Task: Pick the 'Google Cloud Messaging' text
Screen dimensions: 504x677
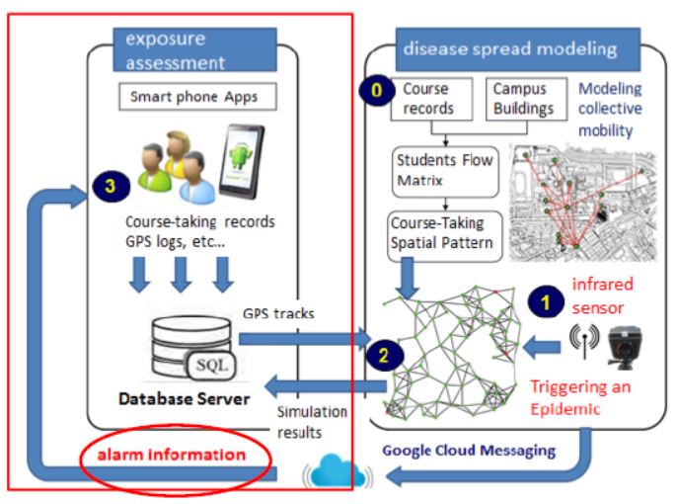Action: (x=468, y=450)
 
